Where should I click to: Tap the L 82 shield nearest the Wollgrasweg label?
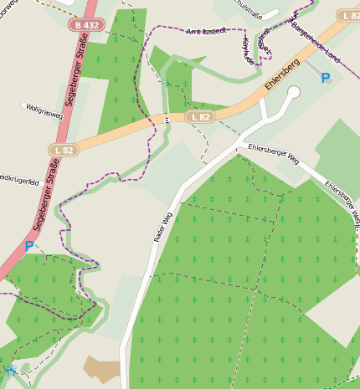point(61,150)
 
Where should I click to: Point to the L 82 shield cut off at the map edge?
point(351,16)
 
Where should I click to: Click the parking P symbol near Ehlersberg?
point(326,78)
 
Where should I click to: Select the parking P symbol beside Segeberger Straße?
point(29,246)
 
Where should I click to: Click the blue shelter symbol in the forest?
point(12,369)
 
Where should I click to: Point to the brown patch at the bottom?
point(103,368)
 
